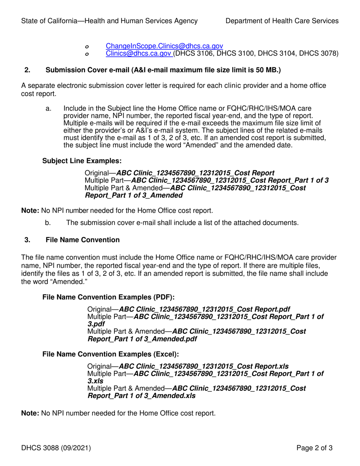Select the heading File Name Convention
pyautogui.click(x=83, y=240)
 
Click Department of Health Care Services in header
pyautogui.click(x=282, y=21)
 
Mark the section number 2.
pyautogui.click(x=27, y=70)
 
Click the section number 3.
pyautogui.click(x=27, y=240)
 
